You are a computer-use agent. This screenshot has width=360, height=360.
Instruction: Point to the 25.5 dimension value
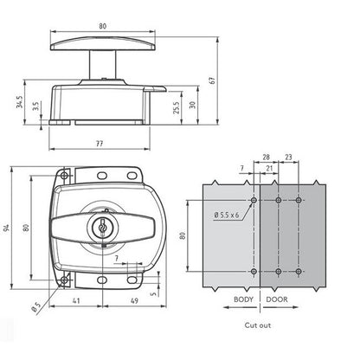click(175, 108)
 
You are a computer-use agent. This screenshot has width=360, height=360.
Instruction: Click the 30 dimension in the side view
click(192, 104)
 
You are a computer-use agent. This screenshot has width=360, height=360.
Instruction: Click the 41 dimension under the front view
click(77, 302)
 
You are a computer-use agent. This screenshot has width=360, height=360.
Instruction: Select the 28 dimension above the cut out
click(267, 159)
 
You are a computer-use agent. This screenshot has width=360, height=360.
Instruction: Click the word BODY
click(244, 299)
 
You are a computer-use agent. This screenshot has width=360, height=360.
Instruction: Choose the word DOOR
click(276, 299)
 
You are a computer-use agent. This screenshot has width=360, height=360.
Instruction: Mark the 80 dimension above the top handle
click(102, 27)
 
